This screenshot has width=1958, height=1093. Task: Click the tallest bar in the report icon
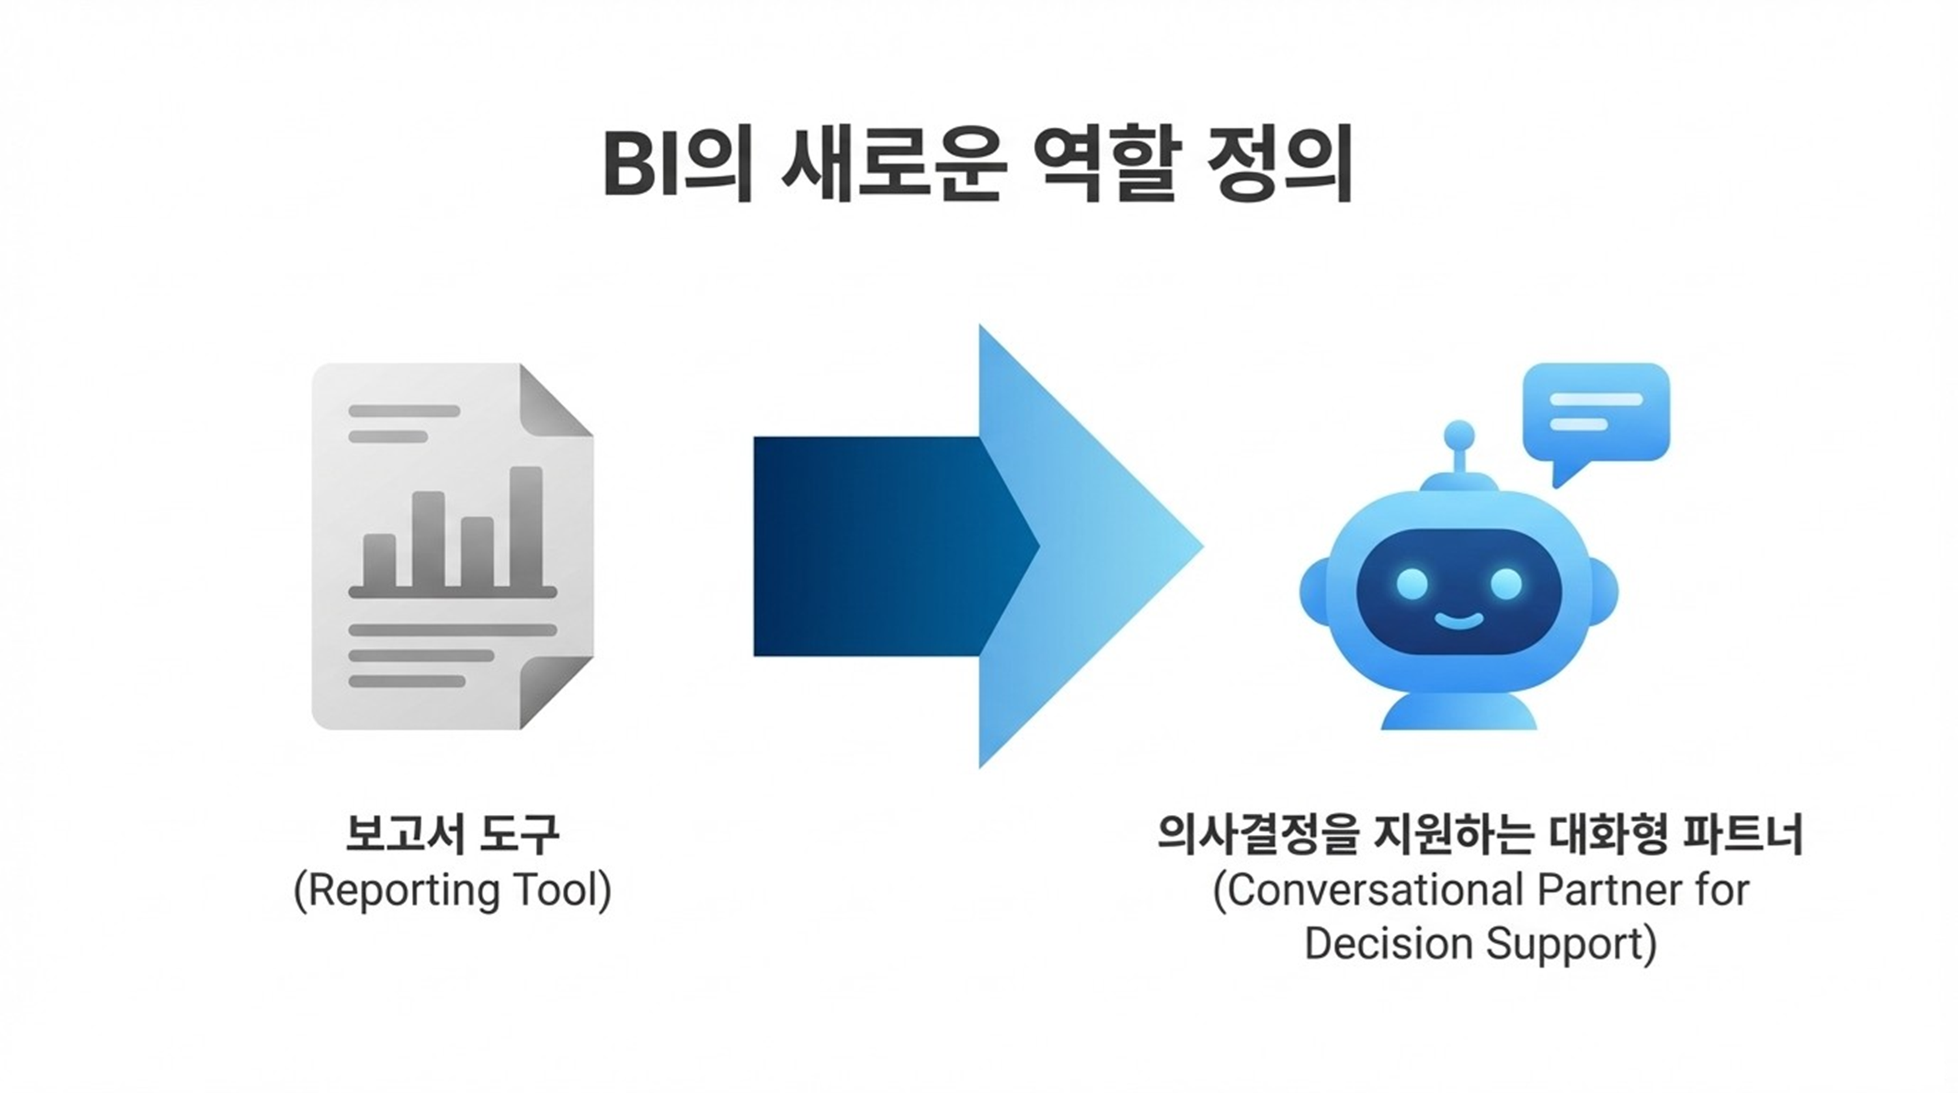(526, 526)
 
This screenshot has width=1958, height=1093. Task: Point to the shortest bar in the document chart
(379, 560)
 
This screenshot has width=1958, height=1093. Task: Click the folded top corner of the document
(555, 400)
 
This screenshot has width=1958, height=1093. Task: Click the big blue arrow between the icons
(978, 546)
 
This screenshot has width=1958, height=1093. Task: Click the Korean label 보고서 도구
(452, 834)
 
